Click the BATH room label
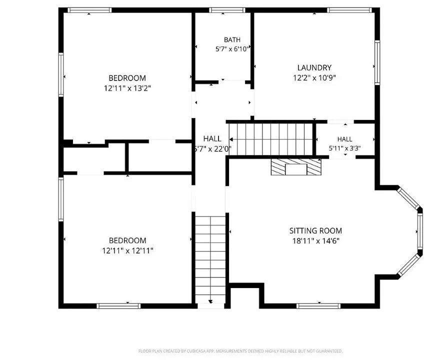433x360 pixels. [232, 40]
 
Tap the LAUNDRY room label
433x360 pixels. [314, 67]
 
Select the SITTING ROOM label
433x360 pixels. [315, 230]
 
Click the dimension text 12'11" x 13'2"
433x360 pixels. [127, 88]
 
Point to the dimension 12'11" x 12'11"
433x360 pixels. [127, 250]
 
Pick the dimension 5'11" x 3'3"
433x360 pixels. [344, 148]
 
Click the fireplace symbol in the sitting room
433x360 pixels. [296, 166]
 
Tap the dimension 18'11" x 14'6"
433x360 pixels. [315, 240]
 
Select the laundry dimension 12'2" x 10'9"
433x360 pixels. [314, 77]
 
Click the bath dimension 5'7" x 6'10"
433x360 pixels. [232, 49]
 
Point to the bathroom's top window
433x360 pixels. [227, 10]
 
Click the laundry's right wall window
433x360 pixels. [377, 62]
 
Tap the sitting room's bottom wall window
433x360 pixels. [318, 306]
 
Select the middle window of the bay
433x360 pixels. [420, 231]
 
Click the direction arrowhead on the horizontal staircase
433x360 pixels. [231, 139]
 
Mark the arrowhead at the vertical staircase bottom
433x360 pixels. [210, 301]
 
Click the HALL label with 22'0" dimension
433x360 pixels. [212, 138]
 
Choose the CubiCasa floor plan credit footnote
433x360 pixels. [240, 351]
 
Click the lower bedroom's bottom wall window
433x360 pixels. [118, 306]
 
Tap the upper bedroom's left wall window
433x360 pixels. [61, 74]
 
